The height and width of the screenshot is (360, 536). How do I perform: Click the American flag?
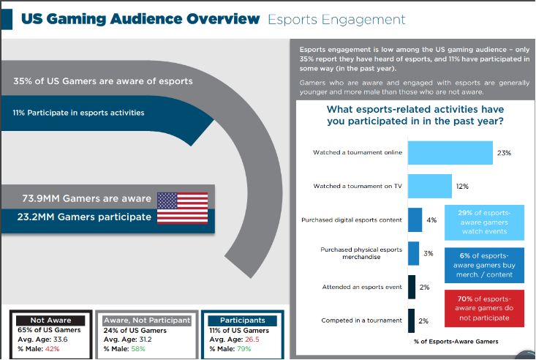click(183, 208)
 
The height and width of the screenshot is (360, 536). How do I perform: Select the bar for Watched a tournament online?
click(450, 153)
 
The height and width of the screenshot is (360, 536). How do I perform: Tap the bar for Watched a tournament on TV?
click(429, 187)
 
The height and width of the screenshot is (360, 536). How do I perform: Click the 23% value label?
click(503, 153)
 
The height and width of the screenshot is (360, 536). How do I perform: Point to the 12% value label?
click(462, 187)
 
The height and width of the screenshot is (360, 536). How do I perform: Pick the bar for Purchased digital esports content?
click(415, 220)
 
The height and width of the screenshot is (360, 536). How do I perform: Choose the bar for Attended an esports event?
click(412, 287)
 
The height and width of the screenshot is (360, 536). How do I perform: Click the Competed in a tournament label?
click(361, 320)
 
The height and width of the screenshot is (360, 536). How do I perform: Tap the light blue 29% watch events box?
click(484, 222)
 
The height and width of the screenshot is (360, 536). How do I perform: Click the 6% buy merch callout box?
click(484, 265)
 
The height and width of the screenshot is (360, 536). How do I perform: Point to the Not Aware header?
click(51, 320)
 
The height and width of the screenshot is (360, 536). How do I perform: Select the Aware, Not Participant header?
click(147, 320)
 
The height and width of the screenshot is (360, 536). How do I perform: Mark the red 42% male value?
click(51, 349)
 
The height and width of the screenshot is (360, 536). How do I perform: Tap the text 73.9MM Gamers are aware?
click(87, 198)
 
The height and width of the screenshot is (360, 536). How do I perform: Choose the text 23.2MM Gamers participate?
click(85, 217)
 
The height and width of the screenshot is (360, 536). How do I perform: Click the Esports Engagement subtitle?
click(336, 19)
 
